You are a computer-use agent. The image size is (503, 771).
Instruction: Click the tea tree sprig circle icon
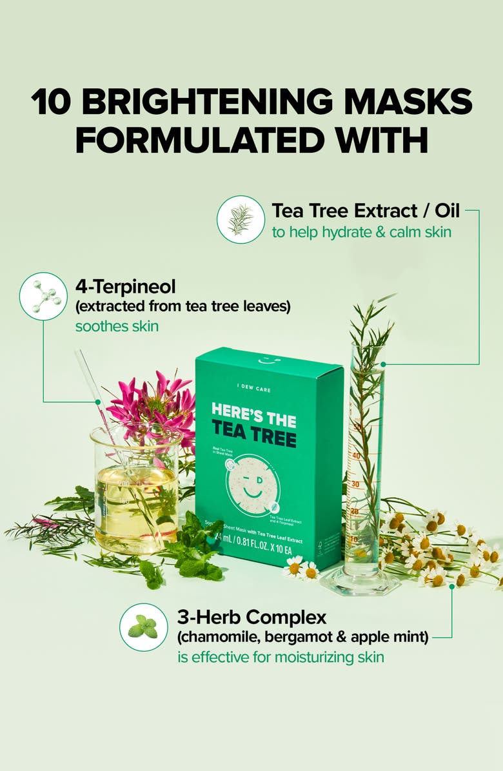pyautogui.click(x=241, y=219)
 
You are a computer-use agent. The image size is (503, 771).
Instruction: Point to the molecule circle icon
pyautogui.click(x=43, y=296)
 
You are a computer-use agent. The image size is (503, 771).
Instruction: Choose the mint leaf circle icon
pyautogui.click(x=143, y=627)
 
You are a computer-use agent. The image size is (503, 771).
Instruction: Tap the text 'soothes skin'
pyautogui.click(x=117, y=326)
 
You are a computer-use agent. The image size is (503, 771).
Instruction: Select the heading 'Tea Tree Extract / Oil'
pyautogui.click(x=366, y=211)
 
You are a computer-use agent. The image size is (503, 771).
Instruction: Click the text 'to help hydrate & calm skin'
pyautogui.click(x=361, y=232)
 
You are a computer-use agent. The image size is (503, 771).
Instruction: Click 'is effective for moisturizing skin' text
pyautogui.click(x=281, y=658)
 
